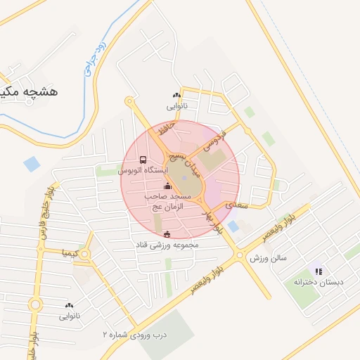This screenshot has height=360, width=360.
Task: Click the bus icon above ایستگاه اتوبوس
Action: click(x=143, y=160)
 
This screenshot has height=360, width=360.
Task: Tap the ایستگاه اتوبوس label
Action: click(x=143, y=171)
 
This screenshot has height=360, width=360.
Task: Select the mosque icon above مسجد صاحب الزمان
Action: click(x=167, y=186)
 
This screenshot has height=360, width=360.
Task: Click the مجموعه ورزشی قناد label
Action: click(x=168, y=245)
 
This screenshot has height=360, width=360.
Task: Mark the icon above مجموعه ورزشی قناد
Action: click(x=167, y=234)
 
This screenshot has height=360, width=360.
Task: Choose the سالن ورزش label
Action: click(x=269, y=258)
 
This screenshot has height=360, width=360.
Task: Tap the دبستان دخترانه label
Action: click(x=319, y=282)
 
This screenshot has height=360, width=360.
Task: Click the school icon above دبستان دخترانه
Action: click(x=319, y=271)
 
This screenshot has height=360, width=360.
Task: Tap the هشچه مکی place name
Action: click(x=28, y=92)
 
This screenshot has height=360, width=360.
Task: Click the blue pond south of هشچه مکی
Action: click(x=32, y=165)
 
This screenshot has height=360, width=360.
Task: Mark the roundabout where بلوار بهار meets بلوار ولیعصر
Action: click(x=240, y=255)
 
